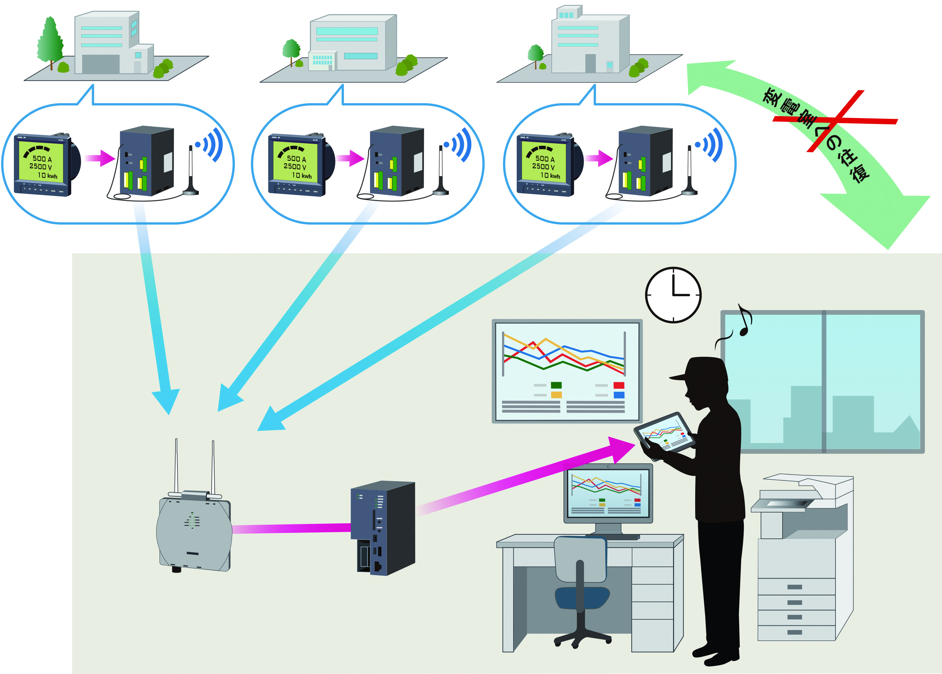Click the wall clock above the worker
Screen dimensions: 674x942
point(673,295)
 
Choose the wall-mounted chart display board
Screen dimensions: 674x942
point(567,371)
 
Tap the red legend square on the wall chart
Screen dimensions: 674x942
point(618,385)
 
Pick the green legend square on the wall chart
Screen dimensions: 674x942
point(556,385)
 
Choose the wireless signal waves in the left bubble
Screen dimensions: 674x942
point(212,144)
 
